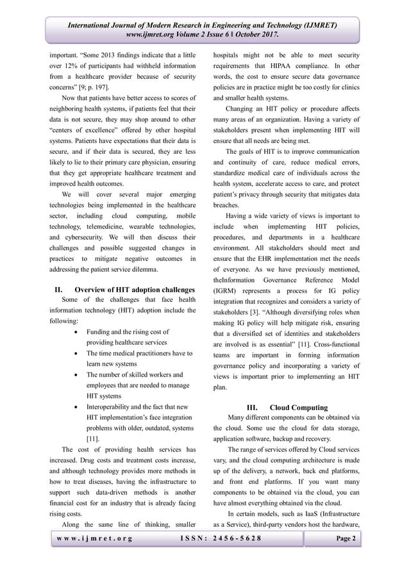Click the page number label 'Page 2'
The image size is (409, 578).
coord(344,538)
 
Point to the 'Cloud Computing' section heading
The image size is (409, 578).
coord(299,407)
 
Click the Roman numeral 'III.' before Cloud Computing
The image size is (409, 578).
coord(252,407)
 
